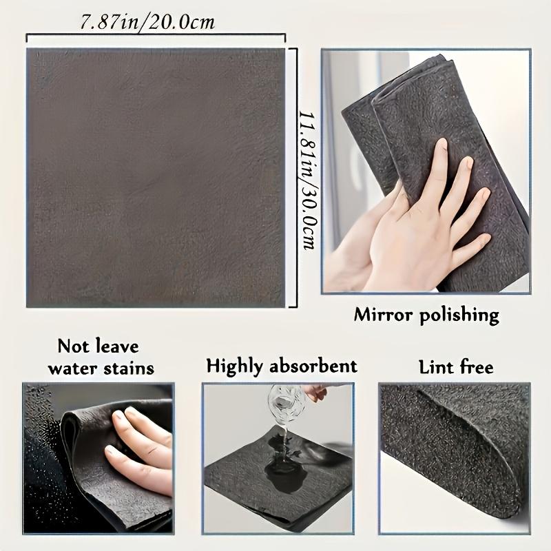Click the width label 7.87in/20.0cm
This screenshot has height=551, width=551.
click(x=147, y=22)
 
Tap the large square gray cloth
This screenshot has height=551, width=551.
click(x=156, y=178)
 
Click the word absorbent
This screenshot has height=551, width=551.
click(x=316, y=366)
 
